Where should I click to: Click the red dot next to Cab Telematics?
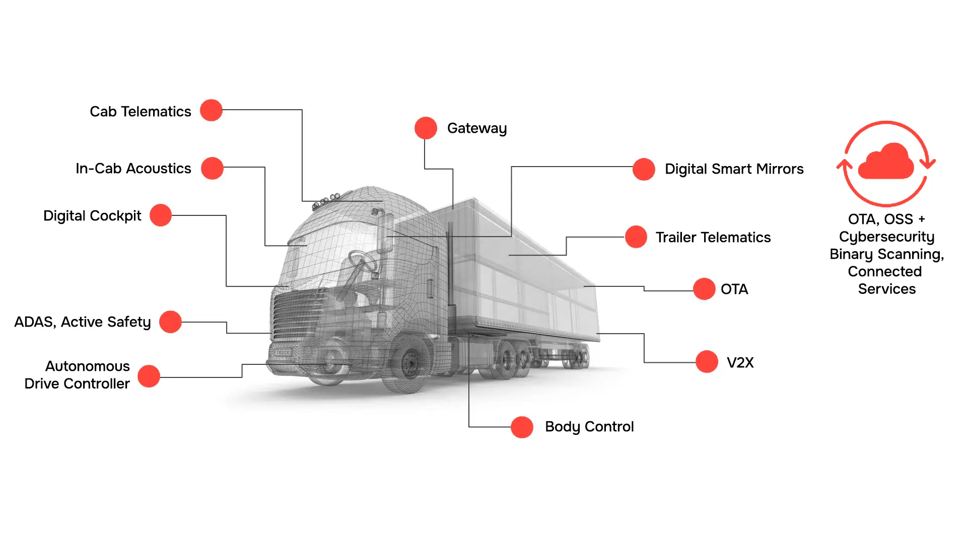coord(211,110)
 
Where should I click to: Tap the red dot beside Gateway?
coord(426,128)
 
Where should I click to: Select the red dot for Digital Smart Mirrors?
coord(644,169)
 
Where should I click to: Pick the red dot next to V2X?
coord(707,362)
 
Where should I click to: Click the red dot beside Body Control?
coord(522,427)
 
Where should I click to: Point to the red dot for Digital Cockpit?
coord(161,215)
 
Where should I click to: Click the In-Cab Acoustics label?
coord(133,169)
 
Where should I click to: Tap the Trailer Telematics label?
coord(713,238)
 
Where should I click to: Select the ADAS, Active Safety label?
coord(83,322)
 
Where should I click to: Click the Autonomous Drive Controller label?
coord(77,375)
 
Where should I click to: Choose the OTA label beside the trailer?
coord(734,289)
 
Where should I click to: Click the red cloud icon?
coord(886,161)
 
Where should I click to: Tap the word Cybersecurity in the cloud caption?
coord(886,237)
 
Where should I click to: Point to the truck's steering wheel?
coord(362,262)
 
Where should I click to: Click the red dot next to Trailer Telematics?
coord(636,237)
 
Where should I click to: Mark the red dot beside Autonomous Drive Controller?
coord(149,376)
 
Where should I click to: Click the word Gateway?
coord(477,129)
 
